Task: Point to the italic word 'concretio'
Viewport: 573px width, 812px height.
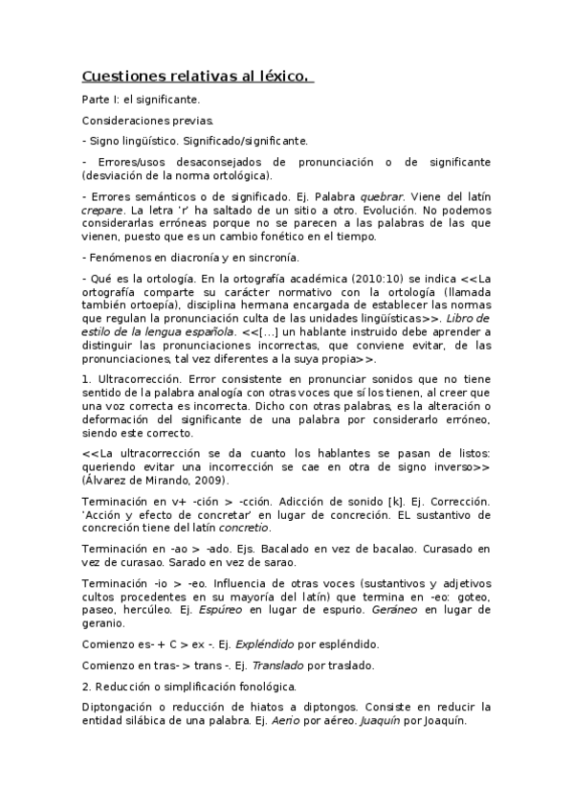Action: (243, 527)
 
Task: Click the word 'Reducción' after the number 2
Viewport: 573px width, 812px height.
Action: (126, 686)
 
